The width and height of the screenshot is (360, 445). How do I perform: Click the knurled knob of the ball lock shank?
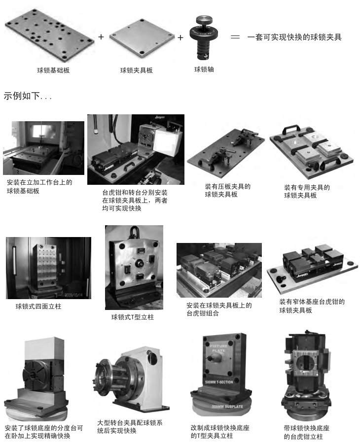tap(204, 20)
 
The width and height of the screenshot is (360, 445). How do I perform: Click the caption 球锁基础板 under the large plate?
tap(53, 70)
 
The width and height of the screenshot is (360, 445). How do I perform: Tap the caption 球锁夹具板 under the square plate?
tap(136, 70)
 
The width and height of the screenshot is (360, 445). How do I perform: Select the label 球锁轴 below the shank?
tap(204, 69)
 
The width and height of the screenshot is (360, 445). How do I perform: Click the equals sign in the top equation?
tap(235, 37)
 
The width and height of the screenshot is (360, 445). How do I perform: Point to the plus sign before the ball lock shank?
tap(180, 37)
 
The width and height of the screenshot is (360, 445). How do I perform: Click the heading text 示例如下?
tap(22, 96)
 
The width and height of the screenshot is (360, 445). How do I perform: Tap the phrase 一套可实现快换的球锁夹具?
tap(294, 37)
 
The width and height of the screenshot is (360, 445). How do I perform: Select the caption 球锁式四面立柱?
tap(38, 306)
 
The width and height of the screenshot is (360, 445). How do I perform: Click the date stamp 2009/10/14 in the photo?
tap(73, 295)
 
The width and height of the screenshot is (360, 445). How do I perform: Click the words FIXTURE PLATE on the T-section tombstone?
tap(218, 348)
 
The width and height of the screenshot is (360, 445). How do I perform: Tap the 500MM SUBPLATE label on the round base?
tap(227, 407)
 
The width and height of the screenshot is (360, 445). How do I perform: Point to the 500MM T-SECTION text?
tap(219, 382)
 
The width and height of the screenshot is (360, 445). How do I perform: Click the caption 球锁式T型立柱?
tap(133, 317)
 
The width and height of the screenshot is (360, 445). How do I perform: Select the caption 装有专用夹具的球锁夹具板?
tap(307, 191)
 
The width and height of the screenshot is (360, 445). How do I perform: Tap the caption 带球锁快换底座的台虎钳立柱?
tap(306, 432)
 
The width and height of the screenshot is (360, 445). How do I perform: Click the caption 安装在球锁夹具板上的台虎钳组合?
tap(219, 309)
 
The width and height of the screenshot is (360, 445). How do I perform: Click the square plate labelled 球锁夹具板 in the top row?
tap(142, 36)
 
